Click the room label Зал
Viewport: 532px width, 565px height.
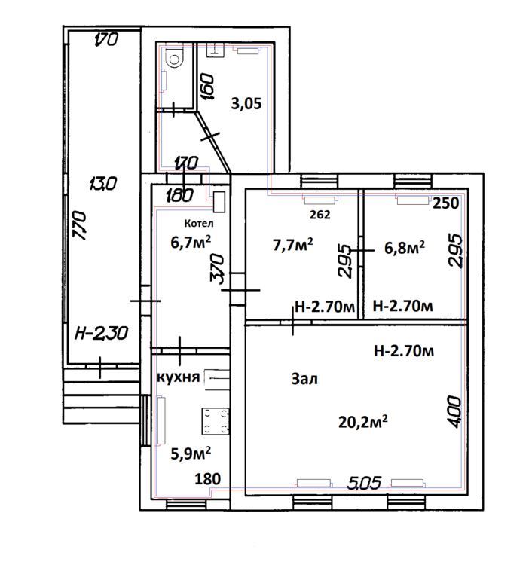coord(304,380)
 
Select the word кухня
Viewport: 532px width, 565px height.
coord(178,377)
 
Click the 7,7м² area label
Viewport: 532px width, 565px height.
coord(292,245)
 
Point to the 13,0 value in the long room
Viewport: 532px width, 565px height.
coord(99,183)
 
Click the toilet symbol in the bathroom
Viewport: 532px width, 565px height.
coord(174,56)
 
